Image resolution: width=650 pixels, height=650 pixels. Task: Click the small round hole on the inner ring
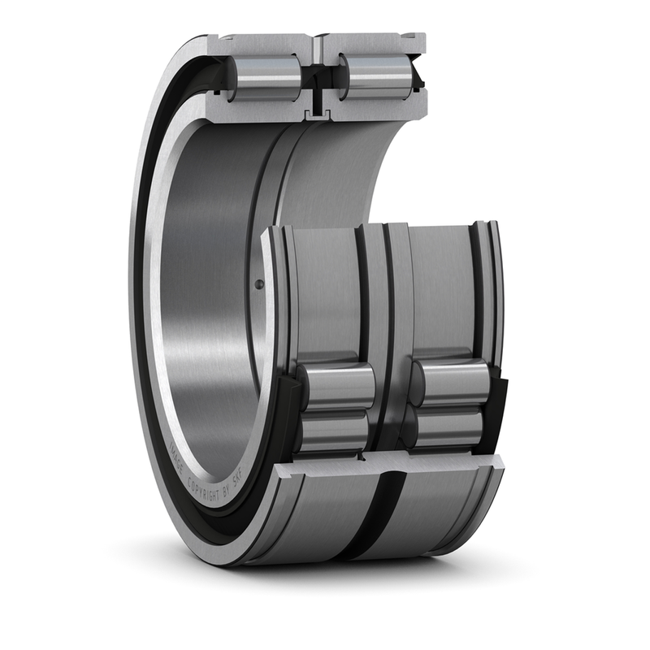click(x=259, y=284)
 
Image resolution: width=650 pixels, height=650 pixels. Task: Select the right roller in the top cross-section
click(x=375, y=78)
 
